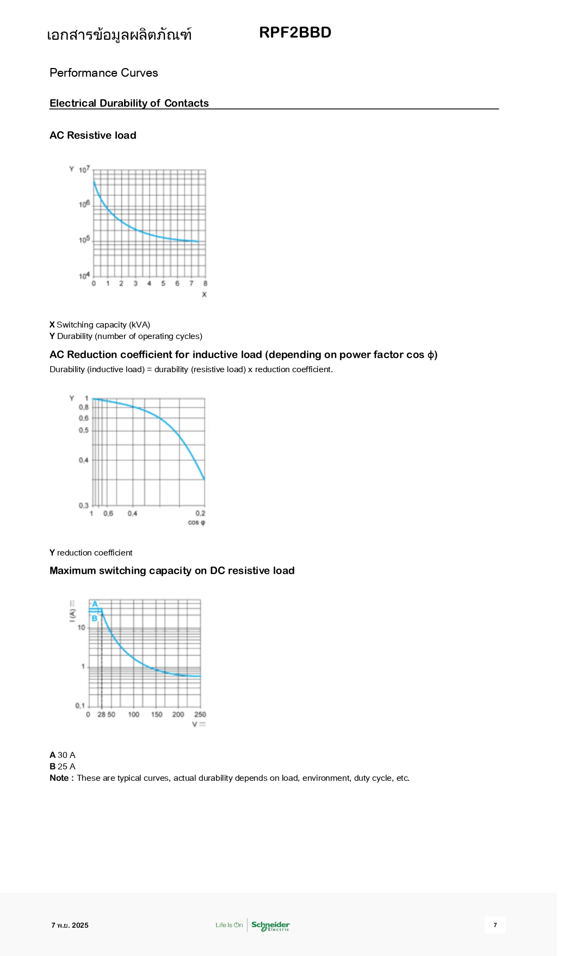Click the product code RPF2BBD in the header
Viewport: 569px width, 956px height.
(x=295, y=33)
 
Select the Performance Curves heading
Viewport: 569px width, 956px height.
(x=103, y=73)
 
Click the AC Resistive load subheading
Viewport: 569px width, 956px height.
(x=92, y=135)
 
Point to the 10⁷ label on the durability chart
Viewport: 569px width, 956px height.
(x=84, y=170)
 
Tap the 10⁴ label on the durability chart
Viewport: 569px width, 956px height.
(x=84, y=276)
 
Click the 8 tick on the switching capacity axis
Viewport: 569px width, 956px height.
(x=205, y=283)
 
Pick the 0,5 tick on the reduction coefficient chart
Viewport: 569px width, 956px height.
(x=83, y=430)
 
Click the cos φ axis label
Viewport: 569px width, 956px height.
(x=196, y=522)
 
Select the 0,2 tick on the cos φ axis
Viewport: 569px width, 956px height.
(x=200, y=513)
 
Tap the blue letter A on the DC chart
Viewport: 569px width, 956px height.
(x=95, y=604)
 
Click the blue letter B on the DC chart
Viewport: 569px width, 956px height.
(x=94, y=618)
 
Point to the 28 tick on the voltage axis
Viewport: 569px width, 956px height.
(x=101, y=714)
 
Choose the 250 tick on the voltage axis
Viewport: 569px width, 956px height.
(x=200, y=714)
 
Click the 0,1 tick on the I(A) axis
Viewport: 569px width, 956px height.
(x=80, y=706)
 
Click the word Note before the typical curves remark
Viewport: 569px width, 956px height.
(x=59, y=778)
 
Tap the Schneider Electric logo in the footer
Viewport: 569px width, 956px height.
(x=270, y=925)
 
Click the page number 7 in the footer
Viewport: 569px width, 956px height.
(x=495, y=925)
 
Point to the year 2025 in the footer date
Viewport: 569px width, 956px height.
(x=80, y=926)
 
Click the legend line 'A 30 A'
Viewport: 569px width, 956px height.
(x=63, y=755)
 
